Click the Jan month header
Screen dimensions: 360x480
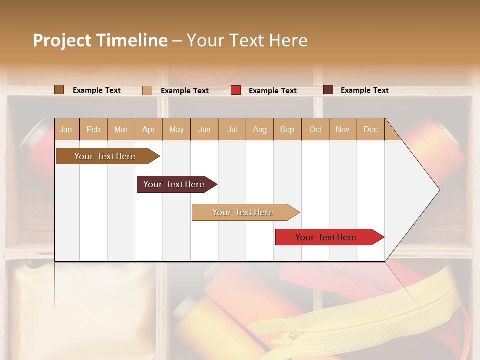[66, 129]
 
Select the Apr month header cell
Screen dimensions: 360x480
[149, 129]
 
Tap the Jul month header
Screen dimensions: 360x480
[232, 129]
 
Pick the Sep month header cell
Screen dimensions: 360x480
[287, 129]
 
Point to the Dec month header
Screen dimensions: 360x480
[371, 129]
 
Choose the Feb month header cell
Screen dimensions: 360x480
[93, 129]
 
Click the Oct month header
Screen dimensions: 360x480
[315, 129]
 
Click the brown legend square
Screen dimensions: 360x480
[59, 90]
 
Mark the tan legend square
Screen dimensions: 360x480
[147, 90]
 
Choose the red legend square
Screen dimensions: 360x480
[236, 90]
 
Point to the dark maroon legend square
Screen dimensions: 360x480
[328, 90]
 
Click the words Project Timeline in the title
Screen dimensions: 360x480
[100, 40]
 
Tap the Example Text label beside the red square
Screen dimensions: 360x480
[273, 91]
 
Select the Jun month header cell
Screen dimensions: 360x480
[204, 129]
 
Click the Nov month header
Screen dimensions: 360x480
[343, 129]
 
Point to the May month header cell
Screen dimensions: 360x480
[176, 129]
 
